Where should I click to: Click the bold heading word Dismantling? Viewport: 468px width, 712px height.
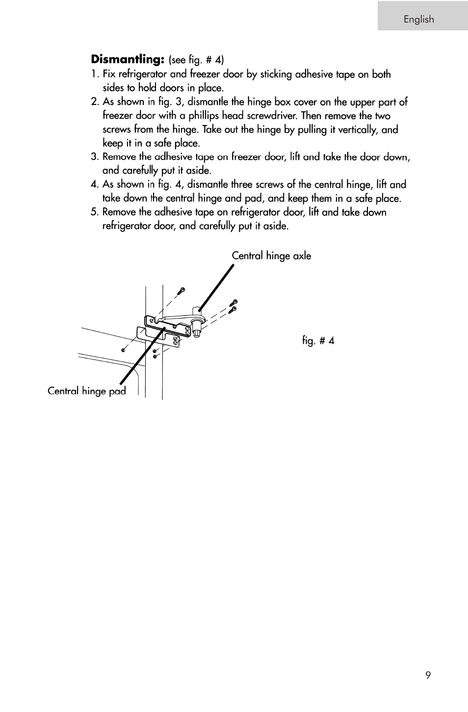(x=127, y=59)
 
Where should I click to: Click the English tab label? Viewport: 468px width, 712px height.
(x=418, y=19)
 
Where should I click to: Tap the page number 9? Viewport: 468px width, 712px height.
(x=428, y=675)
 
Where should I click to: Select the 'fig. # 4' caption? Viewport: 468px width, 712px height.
(x=318, y=340)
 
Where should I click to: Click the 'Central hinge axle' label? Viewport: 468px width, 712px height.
(x=271, y=255)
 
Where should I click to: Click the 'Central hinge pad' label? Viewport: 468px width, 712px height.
(x=87, y=391)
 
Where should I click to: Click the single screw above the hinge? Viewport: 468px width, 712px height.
(x=182, y=290)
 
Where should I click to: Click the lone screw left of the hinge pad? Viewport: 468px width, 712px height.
(x=124, y=350)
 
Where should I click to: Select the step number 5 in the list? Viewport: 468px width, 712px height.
(x=94, y=212)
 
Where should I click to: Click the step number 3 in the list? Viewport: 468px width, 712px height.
(x=94, y=157)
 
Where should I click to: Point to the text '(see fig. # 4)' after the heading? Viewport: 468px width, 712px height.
(x=196, y=60)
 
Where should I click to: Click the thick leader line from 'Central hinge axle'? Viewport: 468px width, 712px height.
(x=216, y=289)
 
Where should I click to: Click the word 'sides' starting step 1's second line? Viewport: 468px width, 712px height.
(x=113, y=88)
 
